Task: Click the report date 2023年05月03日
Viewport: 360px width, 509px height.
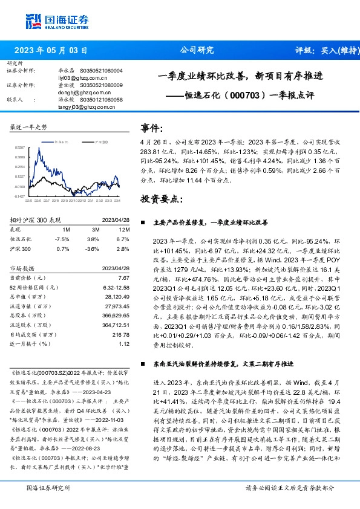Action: point(50,50)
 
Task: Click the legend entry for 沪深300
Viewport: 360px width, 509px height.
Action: point(101,141)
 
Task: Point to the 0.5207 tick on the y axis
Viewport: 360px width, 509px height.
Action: point(21,147)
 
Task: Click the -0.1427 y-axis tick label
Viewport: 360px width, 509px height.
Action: point(20,196)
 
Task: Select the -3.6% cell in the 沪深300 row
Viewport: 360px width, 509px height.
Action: point(92,248)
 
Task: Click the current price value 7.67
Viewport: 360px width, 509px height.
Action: point(124,277)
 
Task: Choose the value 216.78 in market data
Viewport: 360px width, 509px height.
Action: point(121,334)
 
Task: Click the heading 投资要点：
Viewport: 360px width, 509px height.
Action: point(160,198)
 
